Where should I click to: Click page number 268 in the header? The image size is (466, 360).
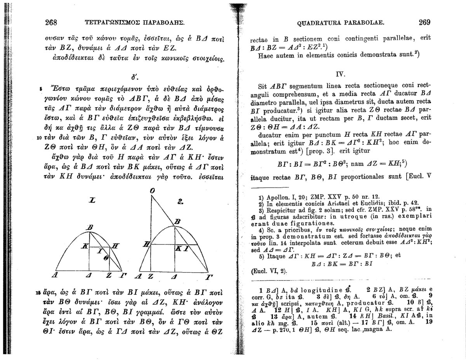point(52,22)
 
